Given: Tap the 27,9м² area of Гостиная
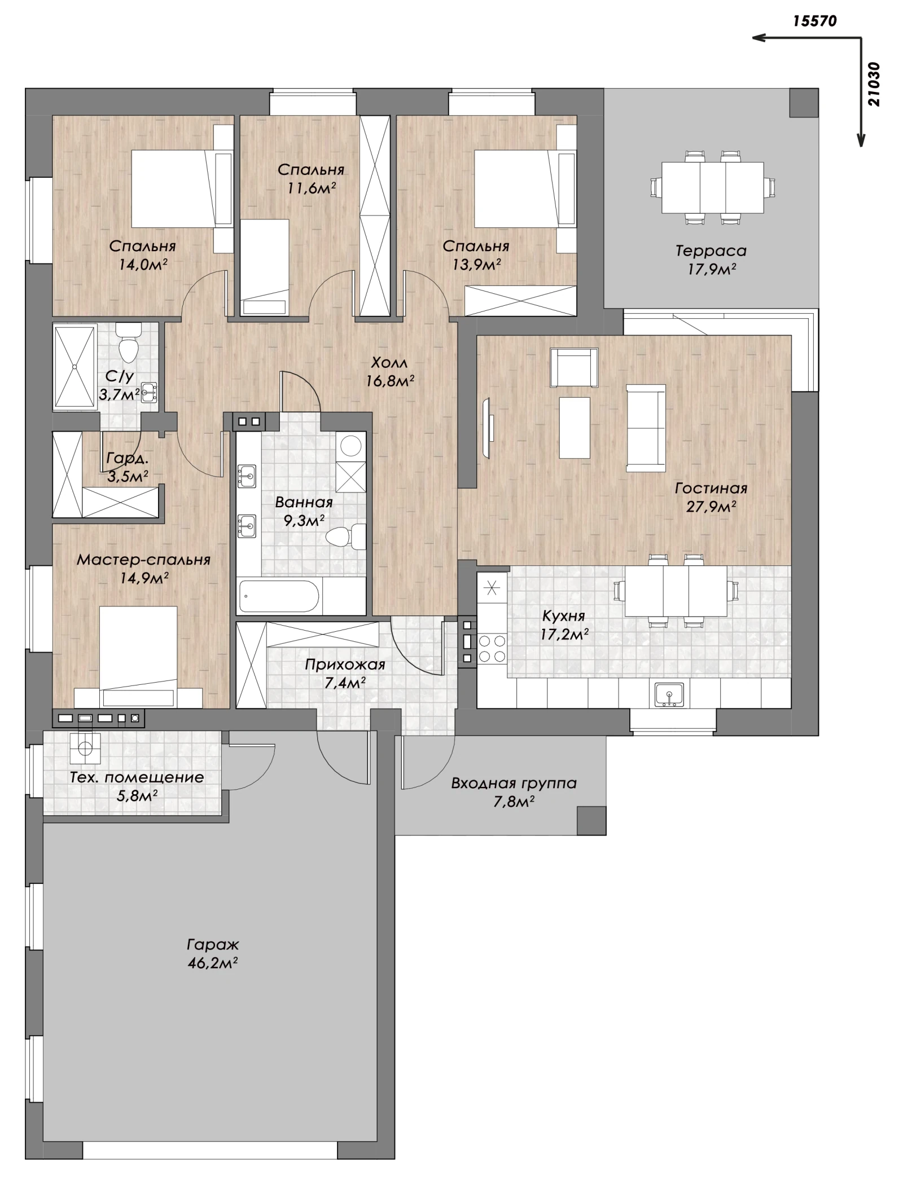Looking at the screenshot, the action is [711, 507].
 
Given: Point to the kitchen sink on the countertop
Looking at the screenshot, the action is [669, 694].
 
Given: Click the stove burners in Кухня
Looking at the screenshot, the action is [492, 648].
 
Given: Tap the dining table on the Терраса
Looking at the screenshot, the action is [712, 187].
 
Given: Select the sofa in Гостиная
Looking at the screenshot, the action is [646, 428].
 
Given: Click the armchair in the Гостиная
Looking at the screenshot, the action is [573, 367].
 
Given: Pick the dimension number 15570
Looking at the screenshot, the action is [814, 21].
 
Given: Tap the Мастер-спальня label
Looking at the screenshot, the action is [143, 560].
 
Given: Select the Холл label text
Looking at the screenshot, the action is [389, 362].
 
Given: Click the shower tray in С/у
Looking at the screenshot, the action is [74, 366].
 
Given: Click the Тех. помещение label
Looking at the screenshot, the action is [137, 777].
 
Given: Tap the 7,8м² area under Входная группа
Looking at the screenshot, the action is [514, 801].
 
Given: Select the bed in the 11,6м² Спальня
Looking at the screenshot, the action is [265, 267].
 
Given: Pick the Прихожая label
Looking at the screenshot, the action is [345, 665].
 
